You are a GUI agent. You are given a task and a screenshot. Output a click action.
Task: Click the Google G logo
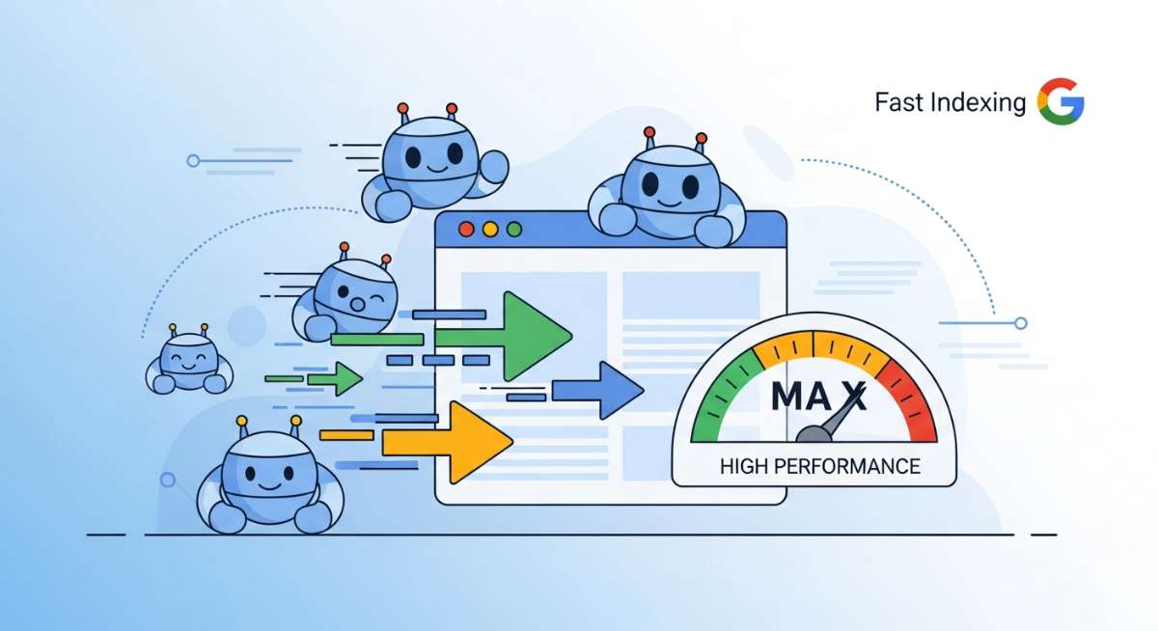pyautogui.click(x=1061, y=101)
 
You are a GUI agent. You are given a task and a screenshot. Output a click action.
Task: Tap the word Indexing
pyautogui.click(x=979, y=102)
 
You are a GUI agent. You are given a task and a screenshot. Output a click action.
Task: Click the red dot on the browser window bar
pyautogui.click(x=468, y=230)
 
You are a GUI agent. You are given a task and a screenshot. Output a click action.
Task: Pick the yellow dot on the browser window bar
pyautogui.click(x=490, y=230)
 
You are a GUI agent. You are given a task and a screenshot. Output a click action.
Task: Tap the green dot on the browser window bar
pyautogui.click(x=513, y=230)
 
